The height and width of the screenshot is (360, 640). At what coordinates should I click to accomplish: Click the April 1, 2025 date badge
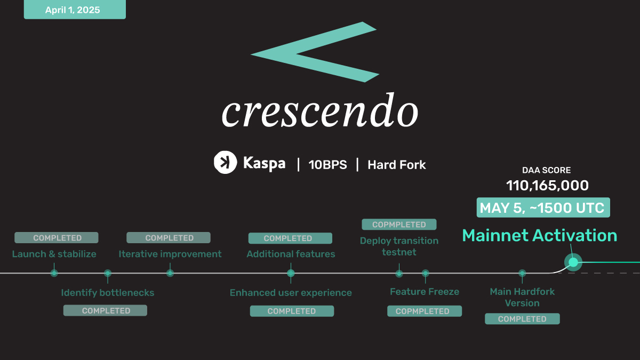click(75, 10)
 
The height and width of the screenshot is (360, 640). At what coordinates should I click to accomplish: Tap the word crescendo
click(320, 110)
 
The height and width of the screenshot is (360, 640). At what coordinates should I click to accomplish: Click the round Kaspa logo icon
click(225, 162)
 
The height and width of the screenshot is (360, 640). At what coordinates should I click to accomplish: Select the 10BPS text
click(327, 165)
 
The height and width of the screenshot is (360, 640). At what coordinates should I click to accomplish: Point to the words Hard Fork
click(397, 165)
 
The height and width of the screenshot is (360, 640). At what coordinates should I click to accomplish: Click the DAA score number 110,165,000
click(547, 186)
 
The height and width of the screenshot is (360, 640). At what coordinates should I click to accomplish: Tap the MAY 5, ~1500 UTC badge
click(543, 207)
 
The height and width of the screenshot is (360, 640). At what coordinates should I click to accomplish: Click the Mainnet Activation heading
click(539, 235)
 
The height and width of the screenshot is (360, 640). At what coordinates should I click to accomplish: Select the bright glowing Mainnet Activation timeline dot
click(573, 262)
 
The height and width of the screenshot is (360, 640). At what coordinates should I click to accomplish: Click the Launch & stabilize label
click(54, 254)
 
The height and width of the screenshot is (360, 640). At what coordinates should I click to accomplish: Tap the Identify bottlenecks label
click(107, 293)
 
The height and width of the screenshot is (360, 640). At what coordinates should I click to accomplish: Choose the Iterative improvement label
click(170, 254)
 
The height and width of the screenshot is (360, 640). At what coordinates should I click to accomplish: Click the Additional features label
click(291, 254)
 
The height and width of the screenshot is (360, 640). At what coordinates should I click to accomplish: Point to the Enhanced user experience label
click(291, 293)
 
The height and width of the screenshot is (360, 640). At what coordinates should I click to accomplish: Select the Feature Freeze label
click(425, 291)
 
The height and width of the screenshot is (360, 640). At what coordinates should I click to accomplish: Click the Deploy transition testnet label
click(399, 246)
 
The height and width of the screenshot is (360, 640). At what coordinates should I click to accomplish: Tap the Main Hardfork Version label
click(522, 297)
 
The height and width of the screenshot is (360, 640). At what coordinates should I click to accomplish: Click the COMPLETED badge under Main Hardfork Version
click(522, 319)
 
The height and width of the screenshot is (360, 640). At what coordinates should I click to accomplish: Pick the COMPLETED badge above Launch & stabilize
click(57, 238)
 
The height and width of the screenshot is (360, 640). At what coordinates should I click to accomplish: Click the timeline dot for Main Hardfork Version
click(522, 273)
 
